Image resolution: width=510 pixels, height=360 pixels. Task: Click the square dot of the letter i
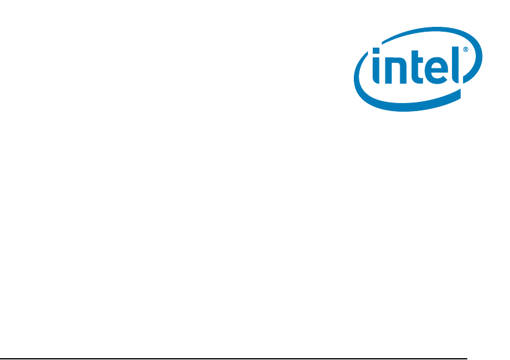tap(376, 51)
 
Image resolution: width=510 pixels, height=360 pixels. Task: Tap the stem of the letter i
tap(376, 70)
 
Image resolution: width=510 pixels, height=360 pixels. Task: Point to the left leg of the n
tap(389, 71)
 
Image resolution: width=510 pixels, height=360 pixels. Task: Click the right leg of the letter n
tap(403, 72)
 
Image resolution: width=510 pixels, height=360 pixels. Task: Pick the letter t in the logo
tap(417, 67)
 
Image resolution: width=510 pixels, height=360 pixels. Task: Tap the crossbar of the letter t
tap(417, 60)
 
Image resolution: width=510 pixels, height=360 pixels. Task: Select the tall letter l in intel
tap(455, 65)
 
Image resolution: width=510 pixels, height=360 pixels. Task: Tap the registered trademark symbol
tap(465, 49)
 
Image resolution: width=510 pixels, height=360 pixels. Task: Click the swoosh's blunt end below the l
tap(460, 93)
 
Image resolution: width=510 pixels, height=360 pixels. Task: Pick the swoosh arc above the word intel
tap(429, 33)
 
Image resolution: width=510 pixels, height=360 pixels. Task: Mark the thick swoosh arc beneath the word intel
tap(406, 103)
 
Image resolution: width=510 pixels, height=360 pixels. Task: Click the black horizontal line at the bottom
tap(234, 359)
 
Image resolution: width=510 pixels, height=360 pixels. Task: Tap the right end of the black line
tap(467, 359)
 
